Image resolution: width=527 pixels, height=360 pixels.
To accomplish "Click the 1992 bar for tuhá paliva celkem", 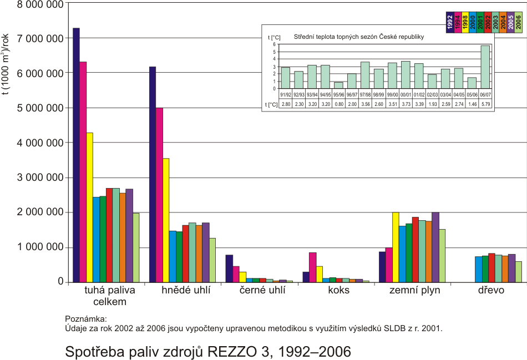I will coord(76,155).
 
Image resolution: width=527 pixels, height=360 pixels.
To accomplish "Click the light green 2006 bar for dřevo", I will coord(518,272).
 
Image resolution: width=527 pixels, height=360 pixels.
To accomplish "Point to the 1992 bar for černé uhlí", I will coord(229,268).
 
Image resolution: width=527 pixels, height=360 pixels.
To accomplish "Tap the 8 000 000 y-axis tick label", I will coord(34,3).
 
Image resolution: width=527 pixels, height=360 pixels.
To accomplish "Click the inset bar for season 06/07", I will coord(485,67).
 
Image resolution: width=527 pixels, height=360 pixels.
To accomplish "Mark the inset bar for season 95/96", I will coord(338,85).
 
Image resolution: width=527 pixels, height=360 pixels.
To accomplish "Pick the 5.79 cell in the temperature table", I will coord(485,104).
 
